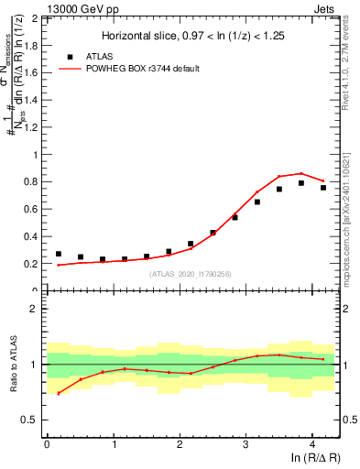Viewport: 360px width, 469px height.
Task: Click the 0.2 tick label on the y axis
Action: (x=31, y=264)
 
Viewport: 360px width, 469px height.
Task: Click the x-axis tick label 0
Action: (x=47, y=445)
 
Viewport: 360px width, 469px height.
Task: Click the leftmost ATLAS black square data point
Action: (x=59, y=254)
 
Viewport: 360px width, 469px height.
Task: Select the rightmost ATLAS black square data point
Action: (x=323, y=188)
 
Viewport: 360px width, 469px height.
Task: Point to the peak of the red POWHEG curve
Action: (x=301, y=173)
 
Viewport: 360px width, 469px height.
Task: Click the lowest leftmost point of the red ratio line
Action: (x=59, y=393)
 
